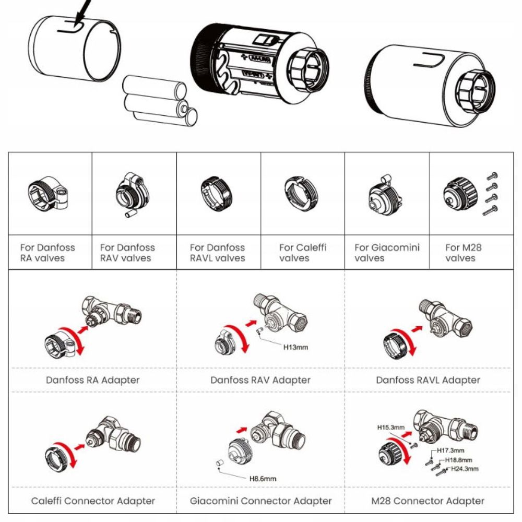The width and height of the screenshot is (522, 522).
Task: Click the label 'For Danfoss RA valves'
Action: (x=48, y=253)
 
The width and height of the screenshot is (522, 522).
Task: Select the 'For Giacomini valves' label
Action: (x=387, y=253)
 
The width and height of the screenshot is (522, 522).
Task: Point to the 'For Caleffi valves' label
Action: (x=303, y=253)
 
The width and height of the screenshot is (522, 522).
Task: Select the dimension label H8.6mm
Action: (x=263, y=478)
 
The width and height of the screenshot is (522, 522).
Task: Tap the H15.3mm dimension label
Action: (x=391, y=427)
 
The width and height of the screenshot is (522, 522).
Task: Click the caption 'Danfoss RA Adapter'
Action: (x=93, y=380)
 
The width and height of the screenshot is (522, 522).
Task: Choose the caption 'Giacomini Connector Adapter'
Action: (x=261, y=501)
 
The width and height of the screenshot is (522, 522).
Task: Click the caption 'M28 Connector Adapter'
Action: (x=428, y=501)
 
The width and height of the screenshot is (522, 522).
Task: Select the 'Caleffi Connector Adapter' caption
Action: (x=93, y=501)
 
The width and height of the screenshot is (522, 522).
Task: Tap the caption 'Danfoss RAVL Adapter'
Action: (x=428, y=380)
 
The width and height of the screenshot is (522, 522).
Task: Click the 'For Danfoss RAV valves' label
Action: (x=127, y=253)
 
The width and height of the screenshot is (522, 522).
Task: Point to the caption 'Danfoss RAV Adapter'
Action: (x=260, y=380)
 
